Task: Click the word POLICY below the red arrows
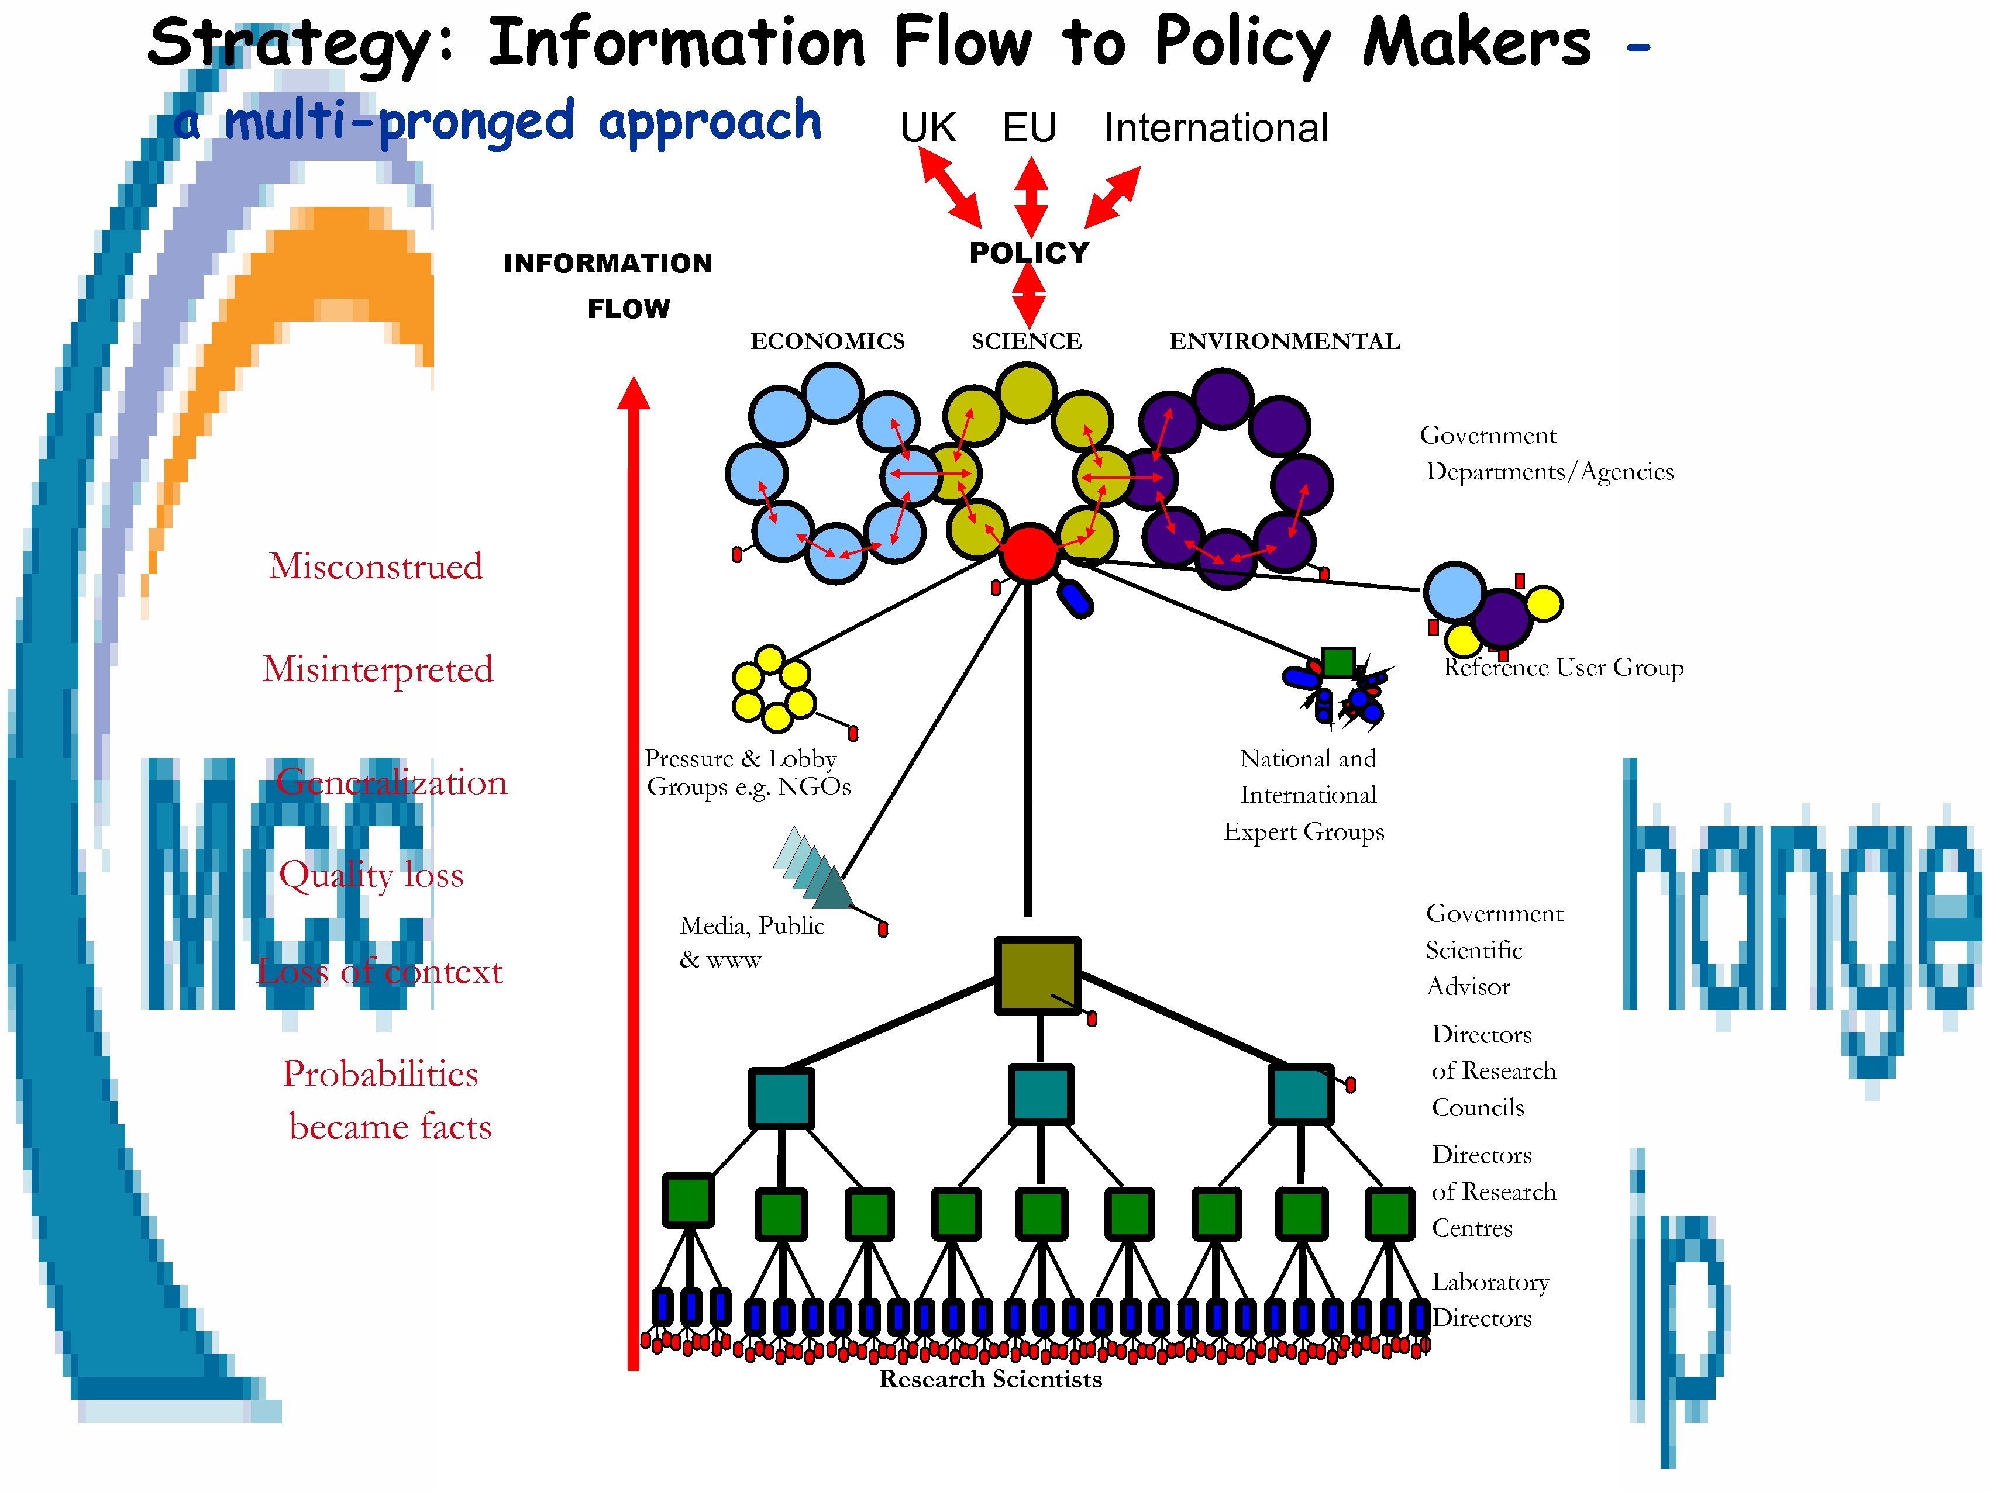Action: (1028, 254)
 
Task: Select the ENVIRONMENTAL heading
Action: (1284, 342)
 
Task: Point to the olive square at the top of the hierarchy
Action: (1037, 976)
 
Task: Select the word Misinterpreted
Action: (378, 669)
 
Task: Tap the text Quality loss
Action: (371, 874)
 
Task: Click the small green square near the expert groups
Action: (1338, 662)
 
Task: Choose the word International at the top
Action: (1216, 127)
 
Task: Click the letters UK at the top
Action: (928, 127)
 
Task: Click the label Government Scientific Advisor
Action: (1493, 949)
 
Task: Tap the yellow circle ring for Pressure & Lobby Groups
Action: (773, 689)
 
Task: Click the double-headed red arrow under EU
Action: (1031, 197)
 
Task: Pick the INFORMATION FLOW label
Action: (608, 285)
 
